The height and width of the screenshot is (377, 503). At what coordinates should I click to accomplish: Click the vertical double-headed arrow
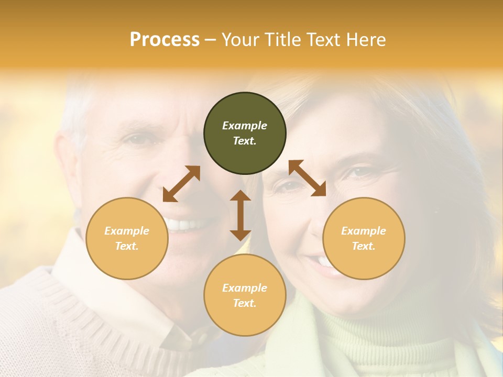point(240,215)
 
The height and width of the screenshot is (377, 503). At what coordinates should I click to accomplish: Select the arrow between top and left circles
point(181,184)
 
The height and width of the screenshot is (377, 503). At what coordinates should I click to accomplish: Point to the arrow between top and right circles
point(307,178)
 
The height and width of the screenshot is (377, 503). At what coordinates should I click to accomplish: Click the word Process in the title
point(165,39)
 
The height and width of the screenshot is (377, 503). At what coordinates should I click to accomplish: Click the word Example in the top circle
point(245,126)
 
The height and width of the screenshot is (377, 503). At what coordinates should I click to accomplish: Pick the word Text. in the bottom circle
point(245,303)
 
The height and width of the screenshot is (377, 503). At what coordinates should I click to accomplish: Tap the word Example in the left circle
point(127,231)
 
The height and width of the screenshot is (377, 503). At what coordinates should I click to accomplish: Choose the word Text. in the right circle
point(364,246)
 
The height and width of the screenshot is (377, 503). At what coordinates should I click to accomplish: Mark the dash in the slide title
point(210,39)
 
